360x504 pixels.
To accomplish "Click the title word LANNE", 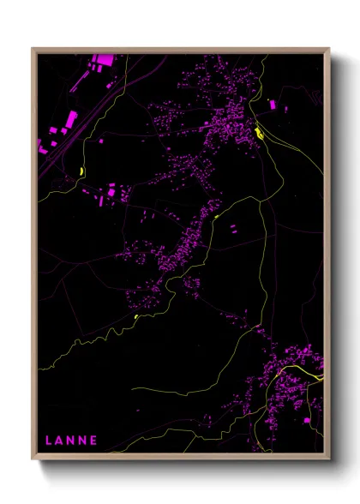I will pos(71,441).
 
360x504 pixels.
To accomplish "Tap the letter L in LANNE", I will pos(49,441).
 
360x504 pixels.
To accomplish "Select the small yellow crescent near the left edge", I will pos(82,171).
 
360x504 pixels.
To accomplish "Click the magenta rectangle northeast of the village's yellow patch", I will pos(273,105).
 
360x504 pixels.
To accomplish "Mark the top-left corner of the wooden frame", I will pos(33,49).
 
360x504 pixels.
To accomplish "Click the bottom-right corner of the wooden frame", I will pos(329,459).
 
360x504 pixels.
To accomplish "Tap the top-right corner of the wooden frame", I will pos(329,49).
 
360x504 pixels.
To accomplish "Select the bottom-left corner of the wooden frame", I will pos(33,459).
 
